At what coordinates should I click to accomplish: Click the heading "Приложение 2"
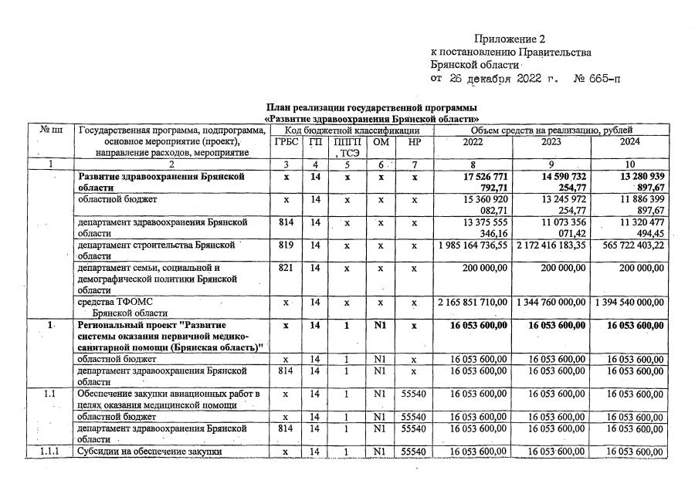(x=510, y=39)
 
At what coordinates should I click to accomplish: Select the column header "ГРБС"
(x=285, y=142)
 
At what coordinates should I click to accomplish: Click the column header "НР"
(x=414, y=142)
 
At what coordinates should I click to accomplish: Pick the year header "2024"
(x=630, y=142)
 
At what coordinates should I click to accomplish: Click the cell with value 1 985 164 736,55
(x=471, y=244)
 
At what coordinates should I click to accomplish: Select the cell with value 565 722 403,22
(x=630, y=244)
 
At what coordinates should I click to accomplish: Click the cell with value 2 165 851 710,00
(x=471, y=301)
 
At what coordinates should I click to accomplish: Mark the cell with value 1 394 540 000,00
(x=630, y=301)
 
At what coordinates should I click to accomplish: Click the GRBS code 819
(x=285, y=244)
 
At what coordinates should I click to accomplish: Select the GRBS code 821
(x=285, y=267)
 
